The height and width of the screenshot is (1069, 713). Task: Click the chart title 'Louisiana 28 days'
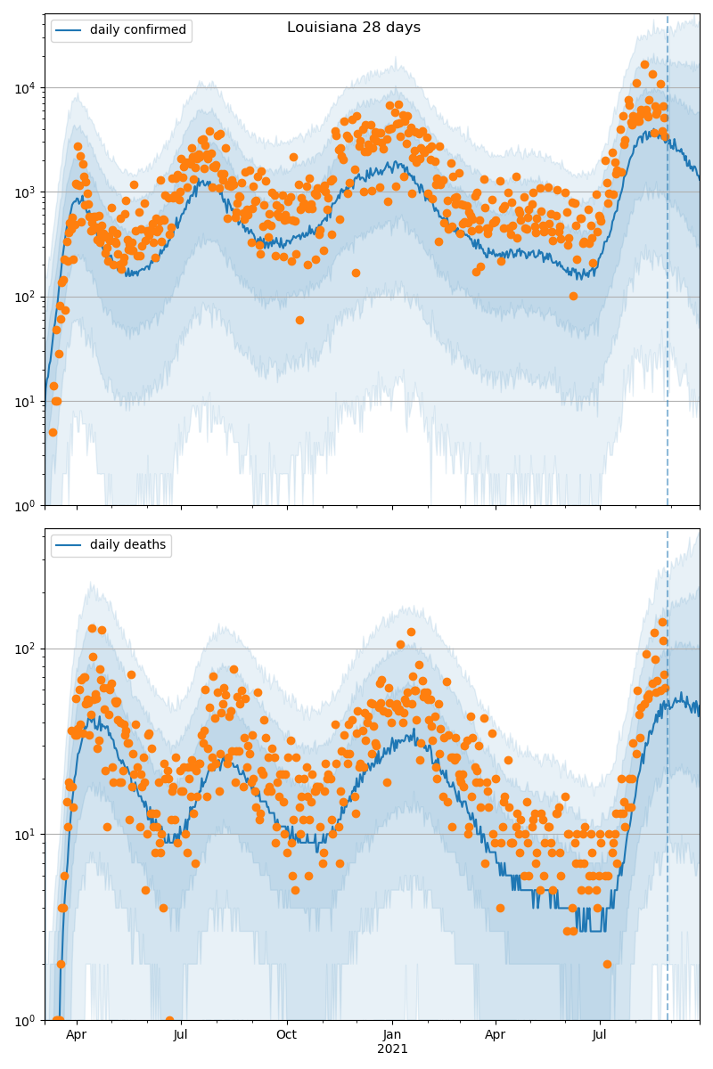point(354,28)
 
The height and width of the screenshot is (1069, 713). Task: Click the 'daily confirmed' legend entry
point(138,30)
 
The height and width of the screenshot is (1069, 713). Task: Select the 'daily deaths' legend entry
point(127,545)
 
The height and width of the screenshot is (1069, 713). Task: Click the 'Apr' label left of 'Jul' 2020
point(77,1035)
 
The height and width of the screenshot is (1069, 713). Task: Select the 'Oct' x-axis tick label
point(287,1035)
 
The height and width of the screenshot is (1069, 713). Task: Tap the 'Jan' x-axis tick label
point(392,1035)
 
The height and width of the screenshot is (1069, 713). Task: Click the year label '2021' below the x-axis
point(392,1049)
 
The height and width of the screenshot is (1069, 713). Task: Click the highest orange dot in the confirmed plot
point(644,64)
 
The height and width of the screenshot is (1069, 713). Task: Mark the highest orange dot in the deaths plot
point(662,623)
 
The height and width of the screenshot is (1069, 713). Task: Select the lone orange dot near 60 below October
point(299,320)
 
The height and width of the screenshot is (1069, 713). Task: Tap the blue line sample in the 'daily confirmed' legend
point(70,30)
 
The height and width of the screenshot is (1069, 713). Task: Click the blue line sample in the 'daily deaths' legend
point(70,545)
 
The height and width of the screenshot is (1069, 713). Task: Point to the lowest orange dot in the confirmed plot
point(53,432)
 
